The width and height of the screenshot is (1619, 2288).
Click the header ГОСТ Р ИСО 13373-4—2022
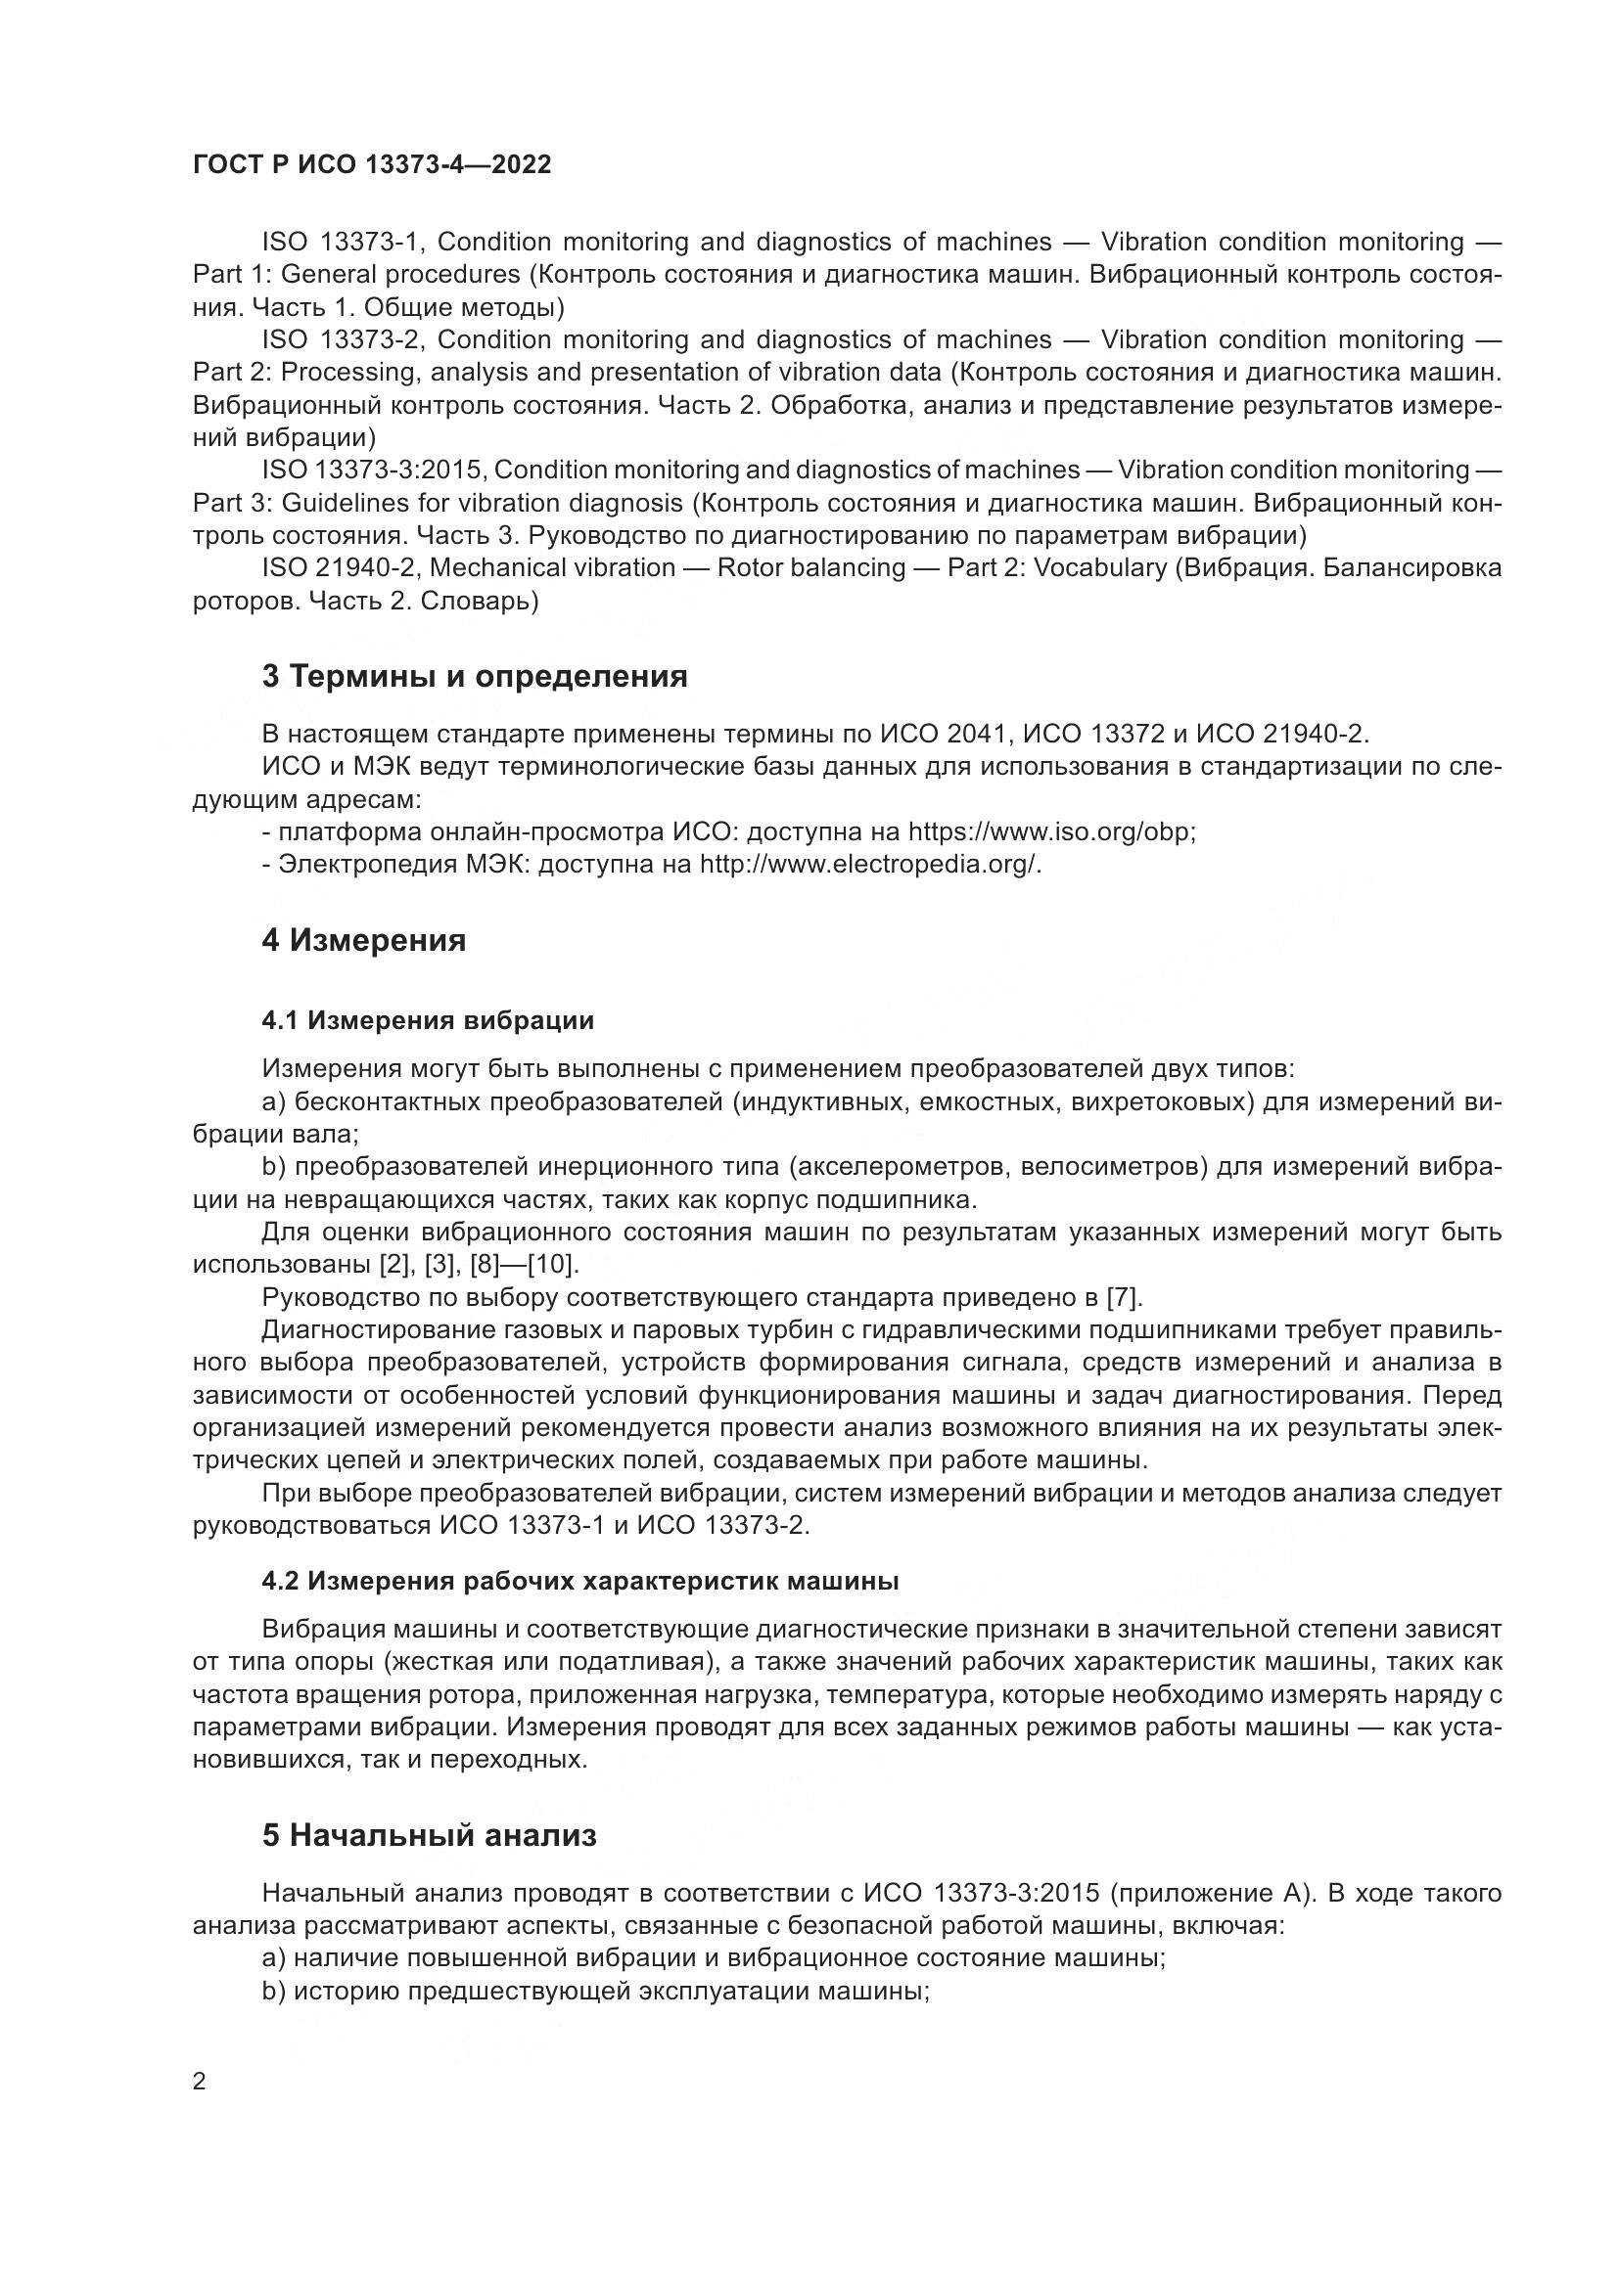pyautogui.click(x=372, y=165)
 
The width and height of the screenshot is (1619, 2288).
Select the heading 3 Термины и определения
pyautogui.click(x=475, y=677)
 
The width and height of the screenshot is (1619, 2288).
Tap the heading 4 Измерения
pyautogui.click(x=364, y=940)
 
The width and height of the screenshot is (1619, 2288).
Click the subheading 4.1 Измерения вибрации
pyautogui.click(x=428, y=1020)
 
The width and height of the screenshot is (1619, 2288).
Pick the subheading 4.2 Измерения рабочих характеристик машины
pyautogui.click(x=580, y=1582)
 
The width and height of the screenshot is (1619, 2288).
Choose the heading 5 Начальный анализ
pyautogui.click(x=430, y=1835)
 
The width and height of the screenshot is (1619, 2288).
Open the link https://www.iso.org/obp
pyautogui.click(x=1050, y=832)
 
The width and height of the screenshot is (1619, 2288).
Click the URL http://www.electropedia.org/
pyautogui.click(x=869, y=864)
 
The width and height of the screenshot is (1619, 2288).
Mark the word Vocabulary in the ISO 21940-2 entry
pyautogui.click(x=1092, y=568)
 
